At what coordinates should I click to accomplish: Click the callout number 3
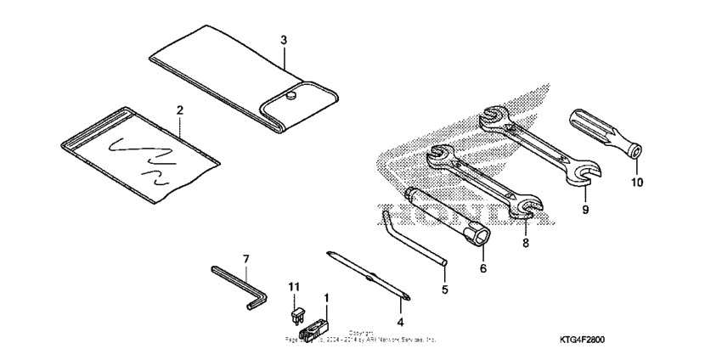point(284,40)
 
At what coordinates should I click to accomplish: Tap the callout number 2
point(180,110)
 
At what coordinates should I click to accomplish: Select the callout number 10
point(637,182)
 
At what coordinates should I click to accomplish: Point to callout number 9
point(585,208)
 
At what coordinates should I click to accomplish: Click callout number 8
point(525,242)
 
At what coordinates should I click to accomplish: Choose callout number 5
point(443,290)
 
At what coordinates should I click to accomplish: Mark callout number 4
point(400,322)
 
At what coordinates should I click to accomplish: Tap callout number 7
point(246,257)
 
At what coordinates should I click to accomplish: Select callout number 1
point(326,298)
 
